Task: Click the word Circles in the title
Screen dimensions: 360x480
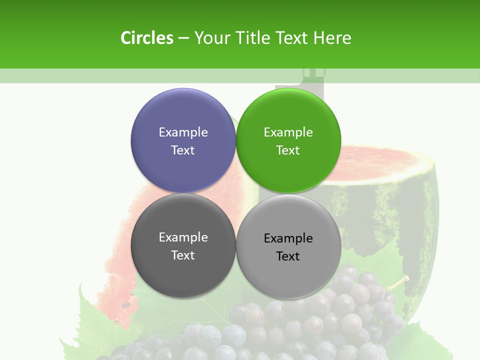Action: tap(147, 38)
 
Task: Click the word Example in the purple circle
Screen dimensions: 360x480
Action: tap(183, 132)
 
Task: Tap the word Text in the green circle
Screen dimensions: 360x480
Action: tap(288, 150)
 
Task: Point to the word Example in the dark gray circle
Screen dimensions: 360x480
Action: tap(183, 237)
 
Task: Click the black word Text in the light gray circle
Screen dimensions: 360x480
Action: tap(288, 256)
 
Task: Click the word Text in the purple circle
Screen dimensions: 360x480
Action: tap(183, 150)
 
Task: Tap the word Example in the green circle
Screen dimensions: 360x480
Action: tap(288, 132)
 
